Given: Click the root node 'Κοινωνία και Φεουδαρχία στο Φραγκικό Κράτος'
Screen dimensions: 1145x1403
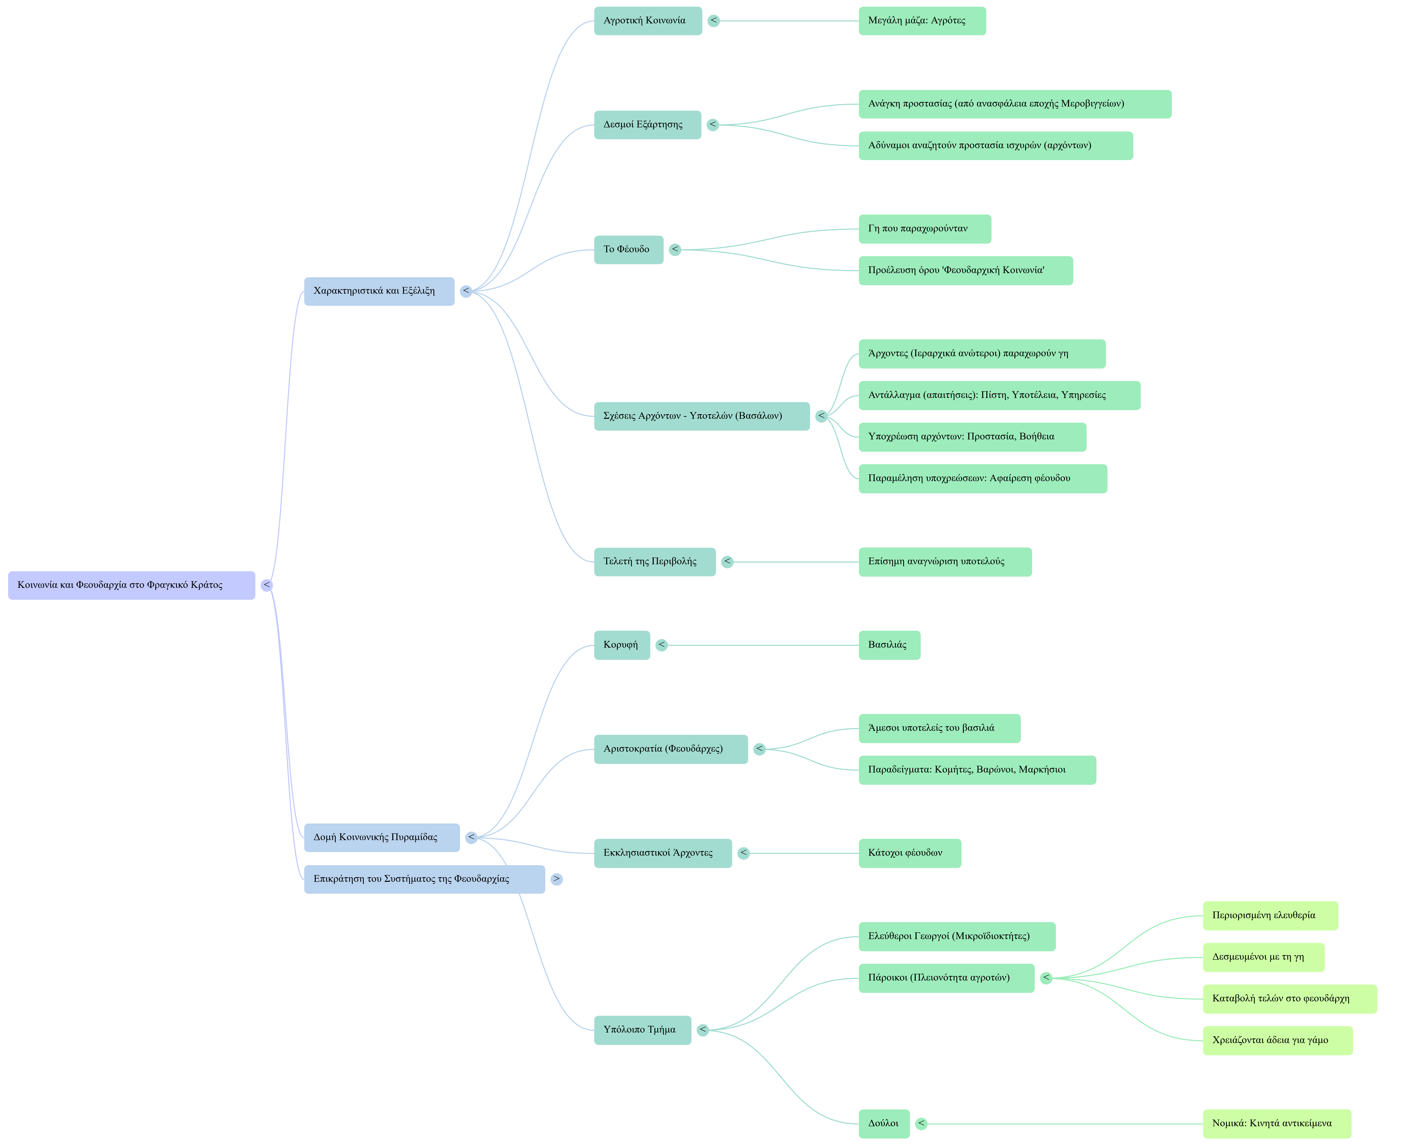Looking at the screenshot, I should click(x=131, y=585).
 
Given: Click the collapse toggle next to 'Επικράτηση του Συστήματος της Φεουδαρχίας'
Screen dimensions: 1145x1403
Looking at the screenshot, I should click(x=557, y=879).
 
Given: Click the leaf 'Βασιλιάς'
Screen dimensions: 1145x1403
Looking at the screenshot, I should click(x=889, y=645).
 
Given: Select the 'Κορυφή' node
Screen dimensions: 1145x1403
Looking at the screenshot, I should click(x=621, y=645).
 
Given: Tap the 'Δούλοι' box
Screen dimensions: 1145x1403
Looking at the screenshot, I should click(x=884, y=1123).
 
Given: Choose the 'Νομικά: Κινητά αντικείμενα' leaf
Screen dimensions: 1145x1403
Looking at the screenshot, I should click(x=1276, y=1123).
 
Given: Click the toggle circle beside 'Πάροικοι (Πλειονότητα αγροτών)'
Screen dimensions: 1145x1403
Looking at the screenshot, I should click(x=1046, y=978).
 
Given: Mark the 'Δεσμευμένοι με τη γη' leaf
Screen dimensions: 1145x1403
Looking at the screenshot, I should click(x=1263, y=957).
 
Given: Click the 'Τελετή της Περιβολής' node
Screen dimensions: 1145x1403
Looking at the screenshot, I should click(x=654, y=562).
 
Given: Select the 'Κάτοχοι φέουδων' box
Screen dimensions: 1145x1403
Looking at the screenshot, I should click(x=910, y=853).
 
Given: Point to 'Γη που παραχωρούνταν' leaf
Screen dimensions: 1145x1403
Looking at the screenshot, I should click(x=924, y=229).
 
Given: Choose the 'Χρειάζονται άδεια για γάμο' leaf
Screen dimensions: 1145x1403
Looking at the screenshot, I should click(x=1277, y=1040).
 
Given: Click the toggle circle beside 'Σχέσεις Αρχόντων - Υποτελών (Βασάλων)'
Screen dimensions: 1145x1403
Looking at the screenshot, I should click(x=821, y=416).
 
